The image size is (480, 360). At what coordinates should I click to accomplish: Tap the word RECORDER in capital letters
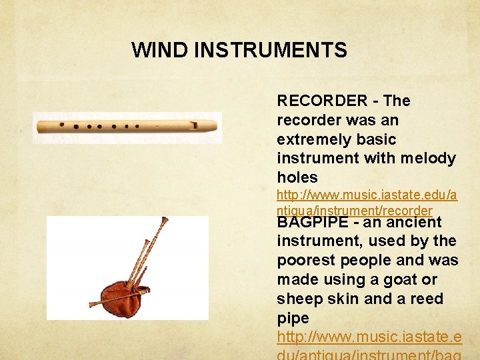[x=322, y=101]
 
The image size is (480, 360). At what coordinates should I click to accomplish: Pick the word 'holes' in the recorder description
[x=297, y=177]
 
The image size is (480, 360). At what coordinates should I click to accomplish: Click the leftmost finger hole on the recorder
[x=62, y=125]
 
